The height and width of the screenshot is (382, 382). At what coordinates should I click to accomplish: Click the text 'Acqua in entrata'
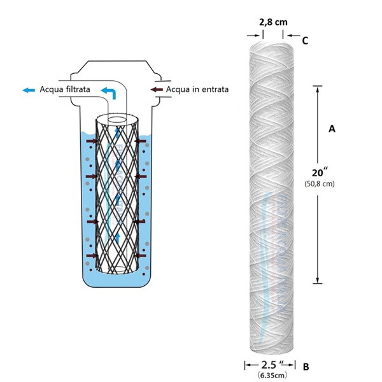197,90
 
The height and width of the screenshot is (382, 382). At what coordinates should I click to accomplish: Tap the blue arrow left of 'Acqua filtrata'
28,90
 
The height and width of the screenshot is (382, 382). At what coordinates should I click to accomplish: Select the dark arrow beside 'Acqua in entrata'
156,90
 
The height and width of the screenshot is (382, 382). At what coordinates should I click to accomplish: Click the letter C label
305,41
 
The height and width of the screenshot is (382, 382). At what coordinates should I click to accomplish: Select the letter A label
331,129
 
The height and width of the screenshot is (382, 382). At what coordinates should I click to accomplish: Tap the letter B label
306,367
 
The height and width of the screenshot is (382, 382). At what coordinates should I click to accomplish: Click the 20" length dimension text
322,172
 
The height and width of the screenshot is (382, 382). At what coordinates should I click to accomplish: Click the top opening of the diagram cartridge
118,119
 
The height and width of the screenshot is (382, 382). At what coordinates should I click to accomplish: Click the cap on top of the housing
117,68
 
